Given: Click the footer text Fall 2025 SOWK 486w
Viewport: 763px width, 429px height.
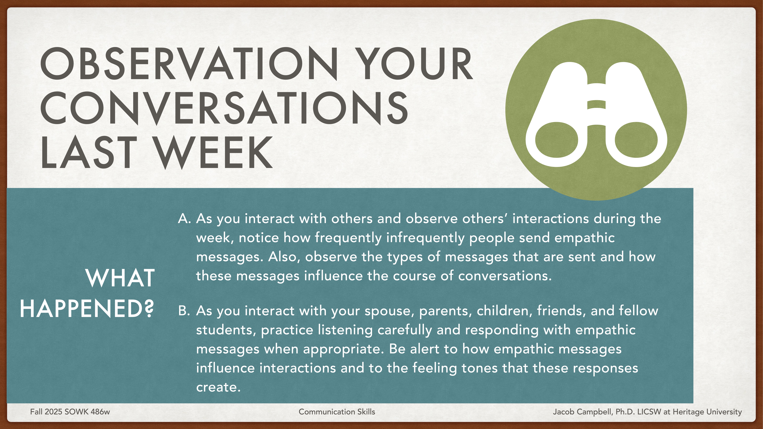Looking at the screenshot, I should click(70, 412).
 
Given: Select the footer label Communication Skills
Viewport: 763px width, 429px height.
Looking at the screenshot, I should click(337, 412).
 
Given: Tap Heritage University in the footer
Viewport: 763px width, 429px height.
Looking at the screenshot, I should click(707, 412).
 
